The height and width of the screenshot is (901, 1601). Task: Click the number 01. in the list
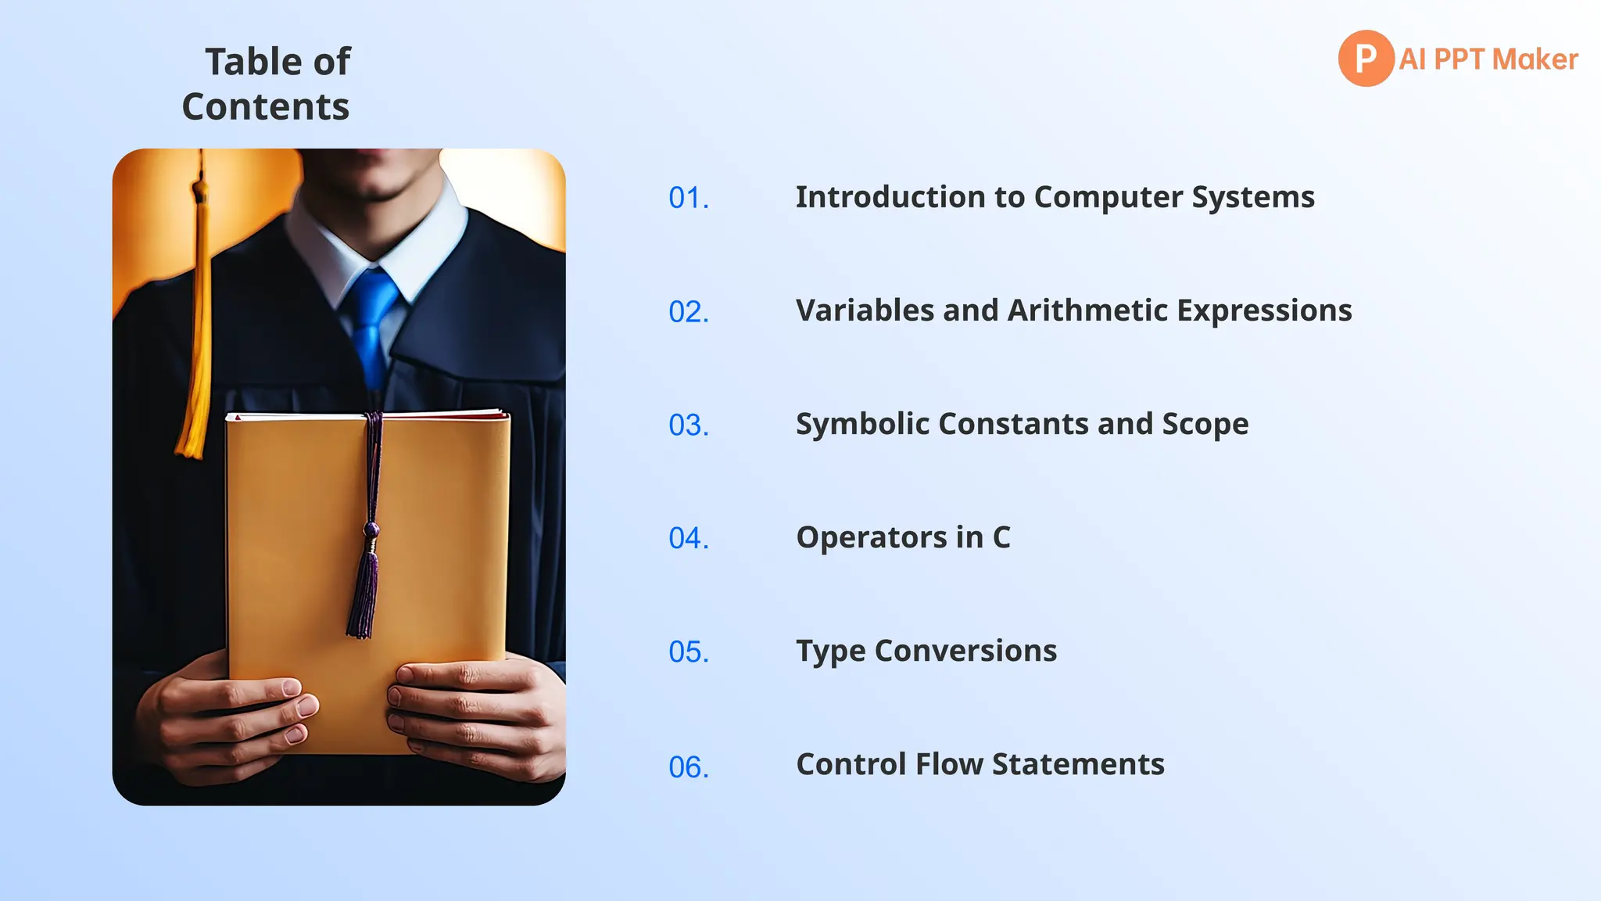point(689,198)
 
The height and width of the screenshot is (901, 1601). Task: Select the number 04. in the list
point(689,538)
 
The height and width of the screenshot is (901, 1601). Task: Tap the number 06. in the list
point(689,767)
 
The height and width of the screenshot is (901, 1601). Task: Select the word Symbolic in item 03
point(862,424)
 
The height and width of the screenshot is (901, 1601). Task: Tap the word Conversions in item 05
point(965,651)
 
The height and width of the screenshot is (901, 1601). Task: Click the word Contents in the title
point(266,106)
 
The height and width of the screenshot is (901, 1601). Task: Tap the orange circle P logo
point(1366,59)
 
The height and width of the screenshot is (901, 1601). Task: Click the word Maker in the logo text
point(1535,59)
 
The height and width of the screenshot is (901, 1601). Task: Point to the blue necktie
point(373,321)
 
